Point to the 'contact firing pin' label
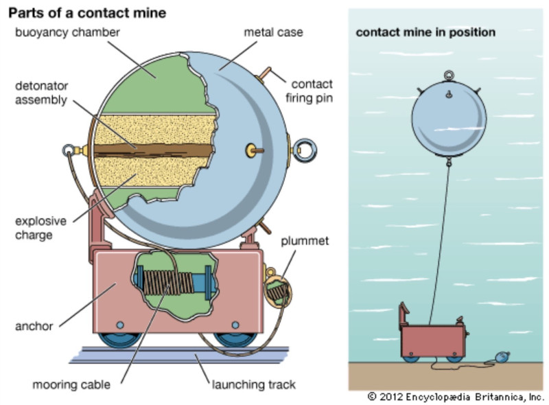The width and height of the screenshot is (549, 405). tap(311, 91)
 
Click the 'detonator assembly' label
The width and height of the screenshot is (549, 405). tap(42, 94)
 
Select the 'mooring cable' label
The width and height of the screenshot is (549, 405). tap(71, 385)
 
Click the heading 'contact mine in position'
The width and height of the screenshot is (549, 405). tap(425, 32)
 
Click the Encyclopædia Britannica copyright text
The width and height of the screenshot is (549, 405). tap(456, 397)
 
